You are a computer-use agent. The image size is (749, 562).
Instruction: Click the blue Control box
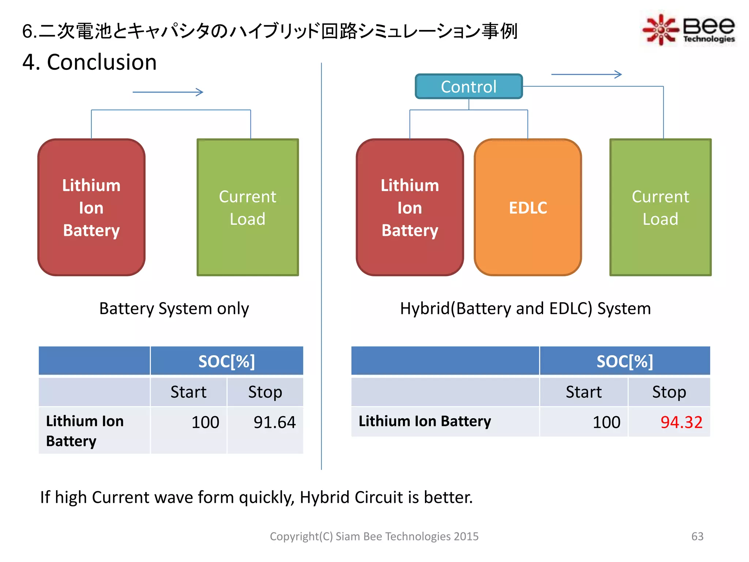[x=468, y=87]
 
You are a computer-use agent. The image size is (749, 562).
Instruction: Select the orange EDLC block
[x=528, y=207]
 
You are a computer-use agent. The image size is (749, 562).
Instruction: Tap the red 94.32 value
[x=681, y=422]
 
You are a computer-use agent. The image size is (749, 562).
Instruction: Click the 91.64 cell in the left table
[x=274, y=422]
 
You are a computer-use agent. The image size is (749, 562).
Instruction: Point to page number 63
[x=697, y=536]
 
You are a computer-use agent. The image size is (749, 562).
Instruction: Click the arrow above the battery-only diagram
[x=168, y=92]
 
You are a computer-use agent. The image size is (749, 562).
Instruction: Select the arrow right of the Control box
[x=586, y=75]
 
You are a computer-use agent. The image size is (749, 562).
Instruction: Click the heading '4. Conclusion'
[x=90, y=62]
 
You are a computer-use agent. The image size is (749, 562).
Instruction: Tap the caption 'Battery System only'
[x=174, y=308]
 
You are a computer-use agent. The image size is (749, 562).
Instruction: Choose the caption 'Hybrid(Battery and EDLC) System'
[x=525, y=308]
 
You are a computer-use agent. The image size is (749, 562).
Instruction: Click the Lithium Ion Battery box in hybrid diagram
[x=410, y=207]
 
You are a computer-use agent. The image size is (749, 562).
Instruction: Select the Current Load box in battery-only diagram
[x=248, y=207]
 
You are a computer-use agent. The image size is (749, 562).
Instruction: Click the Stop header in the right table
[x=669, y=392]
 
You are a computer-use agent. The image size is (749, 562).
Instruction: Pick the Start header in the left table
[x=188, y=392]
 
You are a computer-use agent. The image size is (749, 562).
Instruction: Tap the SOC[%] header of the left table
[x=226, y=361]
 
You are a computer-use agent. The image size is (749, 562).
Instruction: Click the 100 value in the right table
[x=606, y=422]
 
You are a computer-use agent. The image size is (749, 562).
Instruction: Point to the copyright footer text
[x=374, y=536]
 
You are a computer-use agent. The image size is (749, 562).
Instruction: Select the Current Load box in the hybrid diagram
[x=660, y=207]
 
